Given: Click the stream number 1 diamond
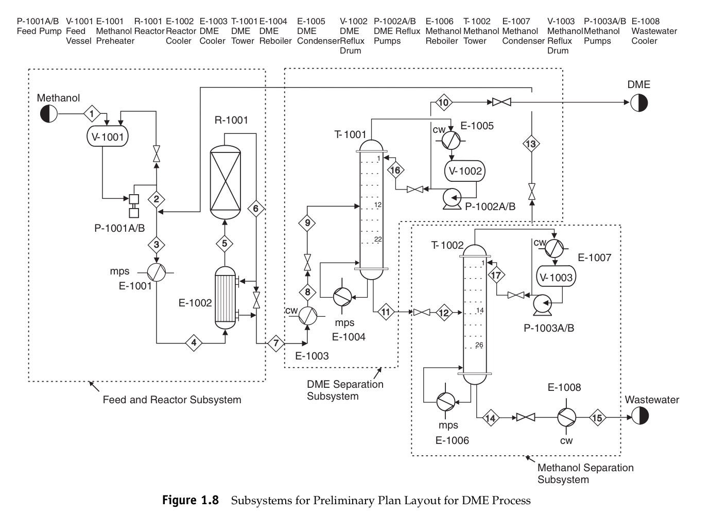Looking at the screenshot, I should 92,113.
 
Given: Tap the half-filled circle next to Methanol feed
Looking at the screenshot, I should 49,113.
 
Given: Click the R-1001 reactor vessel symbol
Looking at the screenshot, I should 226,181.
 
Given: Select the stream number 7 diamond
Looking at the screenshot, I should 276,343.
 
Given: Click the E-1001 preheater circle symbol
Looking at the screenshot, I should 157,271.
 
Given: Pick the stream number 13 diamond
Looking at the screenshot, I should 531,144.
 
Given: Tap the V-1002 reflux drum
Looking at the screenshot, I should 465,171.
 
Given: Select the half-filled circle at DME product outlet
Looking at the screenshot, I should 639,103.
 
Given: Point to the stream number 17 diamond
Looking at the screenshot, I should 496,276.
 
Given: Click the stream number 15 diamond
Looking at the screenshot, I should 597,418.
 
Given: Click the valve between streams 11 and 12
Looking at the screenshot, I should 422,312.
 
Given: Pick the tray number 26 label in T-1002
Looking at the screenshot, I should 479,345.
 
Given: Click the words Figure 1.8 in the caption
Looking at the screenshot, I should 191,500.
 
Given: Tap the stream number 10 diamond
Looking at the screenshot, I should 443,102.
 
